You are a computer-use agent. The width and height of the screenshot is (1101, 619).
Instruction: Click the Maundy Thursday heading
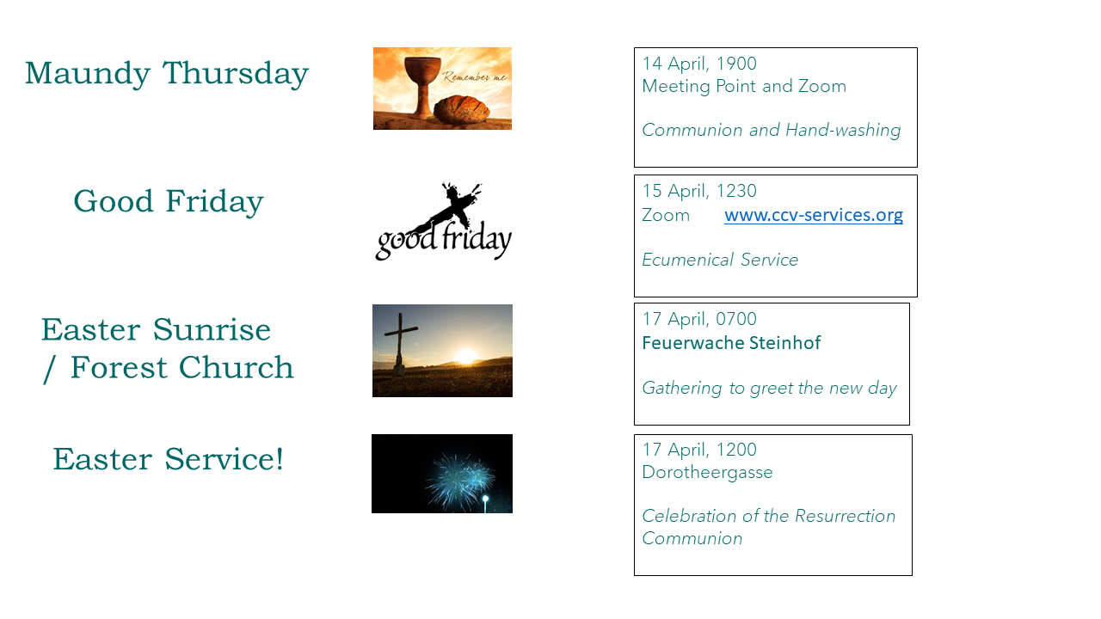[x=167, y=74]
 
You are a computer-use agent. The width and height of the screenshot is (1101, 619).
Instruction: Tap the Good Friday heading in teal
[x=168, y=201]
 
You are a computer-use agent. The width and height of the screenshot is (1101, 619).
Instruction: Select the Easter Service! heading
[x=168, y=459]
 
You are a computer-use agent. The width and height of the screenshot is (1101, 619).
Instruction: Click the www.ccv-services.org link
[x=814, y=215]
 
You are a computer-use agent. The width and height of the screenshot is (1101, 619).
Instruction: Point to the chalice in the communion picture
[x=421, y=87]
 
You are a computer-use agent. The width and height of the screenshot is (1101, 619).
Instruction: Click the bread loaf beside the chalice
[x=462, y=109]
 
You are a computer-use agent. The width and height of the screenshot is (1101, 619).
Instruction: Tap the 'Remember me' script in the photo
[x=474, y=77]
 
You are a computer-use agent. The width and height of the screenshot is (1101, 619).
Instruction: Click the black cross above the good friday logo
[x=456, y=202]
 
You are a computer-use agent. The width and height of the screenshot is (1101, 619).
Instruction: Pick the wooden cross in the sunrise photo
[x=401, y=344]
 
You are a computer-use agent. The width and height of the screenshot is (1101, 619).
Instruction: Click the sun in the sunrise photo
[x=466, y=355]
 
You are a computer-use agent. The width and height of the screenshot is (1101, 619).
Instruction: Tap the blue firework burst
[x=459, y=481]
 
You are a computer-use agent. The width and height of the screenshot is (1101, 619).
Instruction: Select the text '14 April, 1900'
[x=699, y=64]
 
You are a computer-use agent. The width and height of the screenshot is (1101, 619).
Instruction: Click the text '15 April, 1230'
[x=699, y=191]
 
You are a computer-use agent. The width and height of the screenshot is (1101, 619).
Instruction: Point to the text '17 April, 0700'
[x=699, y=319]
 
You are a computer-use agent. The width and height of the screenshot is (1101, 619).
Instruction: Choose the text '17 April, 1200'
[x=699, y=450]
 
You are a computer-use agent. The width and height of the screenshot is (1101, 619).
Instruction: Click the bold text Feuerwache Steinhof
[x=731, y=343]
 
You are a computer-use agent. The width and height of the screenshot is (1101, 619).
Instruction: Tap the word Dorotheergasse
[x=707, y=473]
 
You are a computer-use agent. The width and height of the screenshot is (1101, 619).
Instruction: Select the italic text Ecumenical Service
[x=720, y=260]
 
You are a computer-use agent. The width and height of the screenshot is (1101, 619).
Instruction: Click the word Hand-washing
[x=843, y=130]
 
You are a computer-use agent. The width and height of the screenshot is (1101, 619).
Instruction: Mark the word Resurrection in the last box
[x=845, y=516]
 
